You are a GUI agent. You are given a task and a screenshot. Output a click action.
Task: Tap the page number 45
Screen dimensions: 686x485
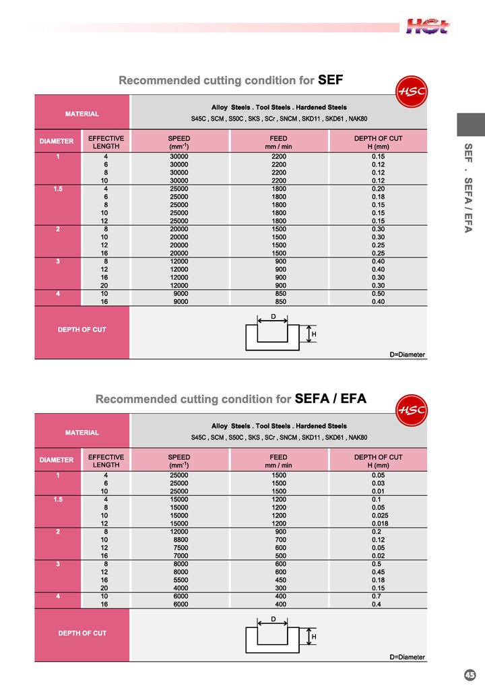470,675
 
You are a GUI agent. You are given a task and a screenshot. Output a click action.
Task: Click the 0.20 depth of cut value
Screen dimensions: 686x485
378,189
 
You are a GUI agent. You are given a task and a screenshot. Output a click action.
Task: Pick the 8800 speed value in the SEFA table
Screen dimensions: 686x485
179,540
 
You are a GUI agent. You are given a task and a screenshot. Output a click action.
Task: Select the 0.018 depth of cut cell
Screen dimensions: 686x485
378,524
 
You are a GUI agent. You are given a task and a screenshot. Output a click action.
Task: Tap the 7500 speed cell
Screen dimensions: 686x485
179,548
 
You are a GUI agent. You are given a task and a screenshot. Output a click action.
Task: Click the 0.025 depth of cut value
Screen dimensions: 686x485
378,516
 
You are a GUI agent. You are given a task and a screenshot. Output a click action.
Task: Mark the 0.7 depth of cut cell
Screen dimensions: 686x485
378,596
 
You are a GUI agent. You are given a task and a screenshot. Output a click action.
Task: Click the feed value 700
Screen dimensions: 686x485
279,540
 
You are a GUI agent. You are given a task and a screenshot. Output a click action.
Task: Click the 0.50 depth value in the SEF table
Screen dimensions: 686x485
378,294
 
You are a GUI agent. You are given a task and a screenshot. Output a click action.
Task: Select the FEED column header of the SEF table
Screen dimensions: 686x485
279,142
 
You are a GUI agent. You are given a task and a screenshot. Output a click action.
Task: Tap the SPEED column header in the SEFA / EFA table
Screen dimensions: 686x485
179,461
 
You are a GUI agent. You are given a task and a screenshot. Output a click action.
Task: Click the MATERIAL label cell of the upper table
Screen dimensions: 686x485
82,114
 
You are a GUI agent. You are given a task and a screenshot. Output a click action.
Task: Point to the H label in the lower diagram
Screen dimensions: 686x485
314,637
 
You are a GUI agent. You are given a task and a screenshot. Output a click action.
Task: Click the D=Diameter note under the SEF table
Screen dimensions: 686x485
408,354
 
